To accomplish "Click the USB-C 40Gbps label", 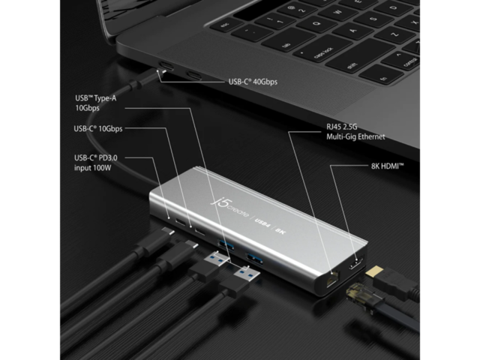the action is coord(253,82).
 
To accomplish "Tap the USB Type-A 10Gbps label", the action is coord(96,103).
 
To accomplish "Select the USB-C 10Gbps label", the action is coord(98,128).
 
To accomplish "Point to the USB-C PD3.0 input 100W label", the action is coord(95,163).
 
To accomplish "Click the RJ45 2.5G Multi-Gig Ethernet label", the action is coord(355,132).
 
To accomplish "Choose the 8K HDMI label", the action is coord(388,166).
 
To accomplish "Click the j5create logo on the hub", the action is coord(229,207).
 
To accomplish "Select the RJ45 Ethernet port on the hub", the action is coord(333,278).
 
